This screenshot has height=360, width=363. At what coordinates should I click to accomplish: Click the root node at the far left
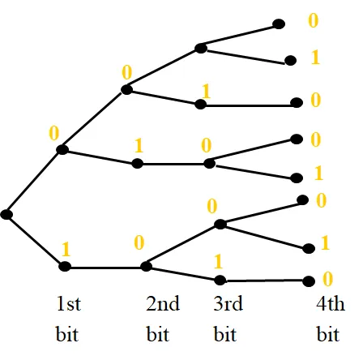[x=6, y=215]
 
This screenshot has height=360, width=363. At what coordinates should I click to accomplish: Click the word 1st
[x=69, y=303]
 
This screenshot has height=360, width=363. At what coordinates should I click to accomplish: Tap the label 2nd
[x=163, y=303]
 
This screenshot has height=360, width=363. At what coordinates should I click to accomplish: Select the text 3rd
[x=228, y=303]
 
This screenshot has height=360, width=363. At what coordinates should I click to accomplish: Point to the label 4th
[x=331, y=303]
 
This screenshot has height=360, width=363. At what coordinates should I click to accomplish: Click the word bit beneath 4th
[x=328, y=334]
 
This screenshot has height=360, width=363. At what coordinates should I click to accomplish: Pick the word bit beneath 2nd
[x=158, y=334]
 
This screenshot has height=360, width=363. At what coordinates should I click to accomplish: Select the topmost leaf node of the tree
[x=279, y=24]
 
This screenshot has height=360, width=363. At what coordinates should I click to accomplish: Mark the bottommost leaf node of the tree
[x=309, y=281]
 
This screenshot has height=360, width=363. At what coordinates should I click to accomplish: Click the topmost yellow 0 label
[x=314, y=20]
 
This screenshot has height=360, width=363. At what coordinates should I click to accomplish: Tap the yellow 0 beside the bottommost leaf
[x=327, y=279]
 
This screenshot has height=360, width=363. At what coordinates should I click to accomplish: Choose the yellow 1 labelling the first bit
[x=66, y=249]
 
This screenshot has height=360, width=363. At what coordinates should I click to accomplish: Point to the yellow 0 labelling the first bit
[x=54, y=133]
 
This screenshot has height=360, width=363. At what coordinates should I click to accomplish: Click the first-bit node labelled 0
[x=62, y=149]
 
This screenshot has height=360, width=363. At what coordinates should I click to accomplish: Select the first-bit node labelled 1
[x=65, y=267]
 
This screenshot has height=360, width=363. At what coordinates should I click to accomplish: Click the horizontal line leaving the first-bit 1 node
[x=105, y=268]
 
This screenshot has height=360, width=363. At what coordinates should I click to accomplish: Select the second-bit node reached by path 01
[x=137, y=164]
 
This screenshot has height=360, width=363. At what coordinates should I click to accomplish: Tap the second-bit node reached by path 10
[x=146, y=267]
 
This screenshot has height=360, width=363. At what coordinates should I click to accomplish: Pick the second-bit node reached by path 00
[x=126, y=89]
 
